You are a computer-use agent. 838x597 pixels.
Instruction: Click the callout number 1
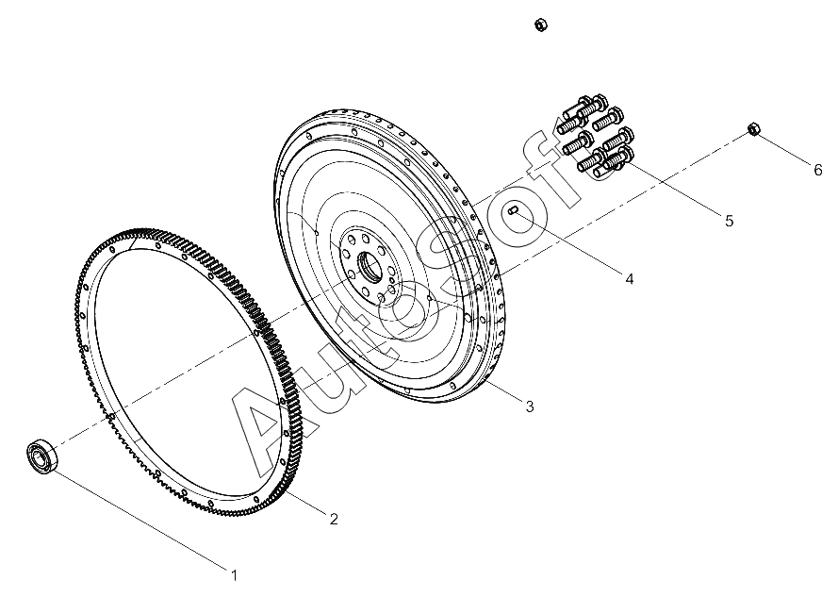234,575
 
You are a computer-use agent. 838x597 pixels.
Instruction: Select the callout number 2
334,519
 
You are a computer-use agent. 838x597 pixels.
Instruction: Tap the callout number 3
529,406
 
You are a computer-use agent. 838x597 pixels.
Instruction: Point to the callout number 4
629,279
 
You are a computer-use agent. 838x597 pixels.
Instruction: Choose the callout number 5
729,221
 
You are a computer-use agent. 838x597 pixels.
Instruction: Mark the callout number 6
817,170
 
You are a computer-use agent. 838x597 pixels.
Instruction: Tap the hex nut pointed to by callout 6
753,129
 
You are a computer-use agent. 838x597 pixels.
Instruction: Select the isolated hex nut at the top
540,25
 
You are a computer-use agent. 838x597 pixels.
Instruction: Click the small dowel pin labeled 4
513,211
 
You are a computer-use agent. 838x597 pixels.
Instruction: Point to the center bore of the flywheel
370,266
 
